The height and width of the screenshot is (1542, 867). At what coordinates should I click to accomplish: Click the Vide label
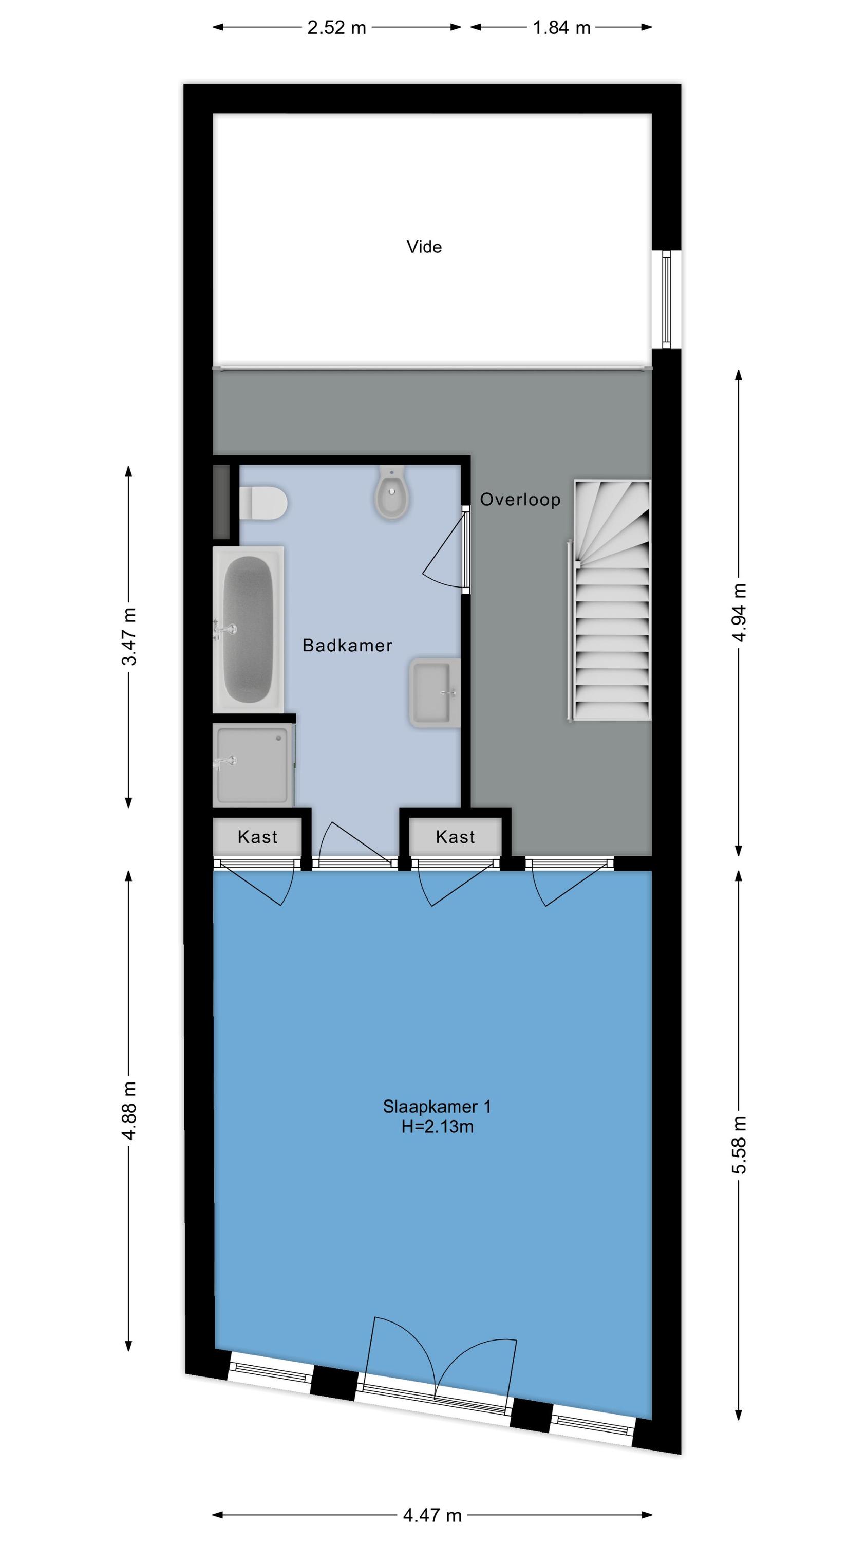tap(424, 247)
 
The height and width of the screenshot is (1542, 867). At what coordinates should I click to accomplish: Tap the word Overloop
tap(520, 499)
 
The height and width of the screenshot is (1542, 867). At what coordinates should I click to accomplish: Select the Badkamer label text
tap(347, 645)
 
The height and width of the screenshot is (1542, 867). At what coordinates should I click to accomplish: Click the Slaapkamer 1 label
tap(437, 1106)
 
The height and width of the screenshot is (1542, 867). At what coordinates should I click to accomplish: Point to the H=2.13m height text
tap(438, 1127)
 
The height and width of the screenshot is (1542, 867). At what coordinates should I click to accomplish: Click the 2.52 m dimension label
tap(336, 28)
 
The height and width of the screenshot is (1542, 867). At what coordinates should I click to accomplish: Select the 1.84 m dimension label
tap(561, 28)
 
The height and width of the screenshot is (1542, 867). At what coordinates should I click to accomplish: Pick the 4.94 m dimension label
tap(740, 612)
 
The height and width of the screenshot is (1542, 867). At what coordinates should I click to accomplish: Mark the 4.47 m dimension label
tap(432, 1515)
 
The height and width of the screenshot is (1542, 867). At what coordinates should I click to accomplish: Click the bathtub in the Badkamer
tap(248, 629)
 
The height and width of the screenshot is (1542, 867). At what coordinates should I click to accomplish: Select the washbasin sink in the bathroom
tap(435, 692)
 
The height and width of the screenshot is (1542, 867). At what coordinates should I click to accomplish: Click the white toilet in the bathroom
tap(263, 503)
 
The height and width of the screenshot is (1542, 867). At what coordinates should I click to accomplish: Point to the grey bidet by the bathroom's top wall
tap(392, 492)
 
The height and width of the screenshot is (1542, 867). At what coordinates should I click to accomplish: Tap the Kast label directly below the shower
tap(257, 836)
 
